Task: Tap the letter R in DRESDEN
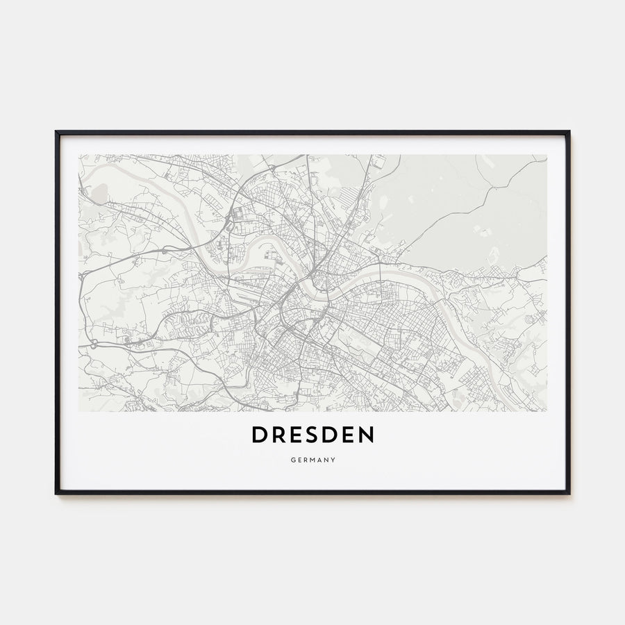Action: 278,435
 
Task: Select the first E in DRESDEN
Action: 296,435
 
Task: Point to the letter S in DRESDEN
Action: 312,435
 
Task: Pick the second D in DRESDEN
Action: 331,435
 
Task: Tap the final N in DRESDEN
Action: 367,435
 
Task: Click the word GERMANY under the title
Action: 312,460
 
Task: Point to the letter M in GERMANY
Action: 312,460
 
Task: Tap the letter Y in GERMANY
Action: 334,460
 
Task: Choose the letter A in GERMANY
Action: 320,460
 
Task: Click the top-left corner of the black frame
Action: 56,131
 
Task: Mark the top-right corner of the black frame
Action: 569,131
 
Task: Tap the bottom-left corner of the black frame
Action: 56,493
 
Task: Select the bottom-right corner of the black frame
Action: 569,493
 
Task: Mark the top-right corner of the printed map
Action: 546,155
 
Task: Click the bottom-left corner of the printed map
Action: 79,411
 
